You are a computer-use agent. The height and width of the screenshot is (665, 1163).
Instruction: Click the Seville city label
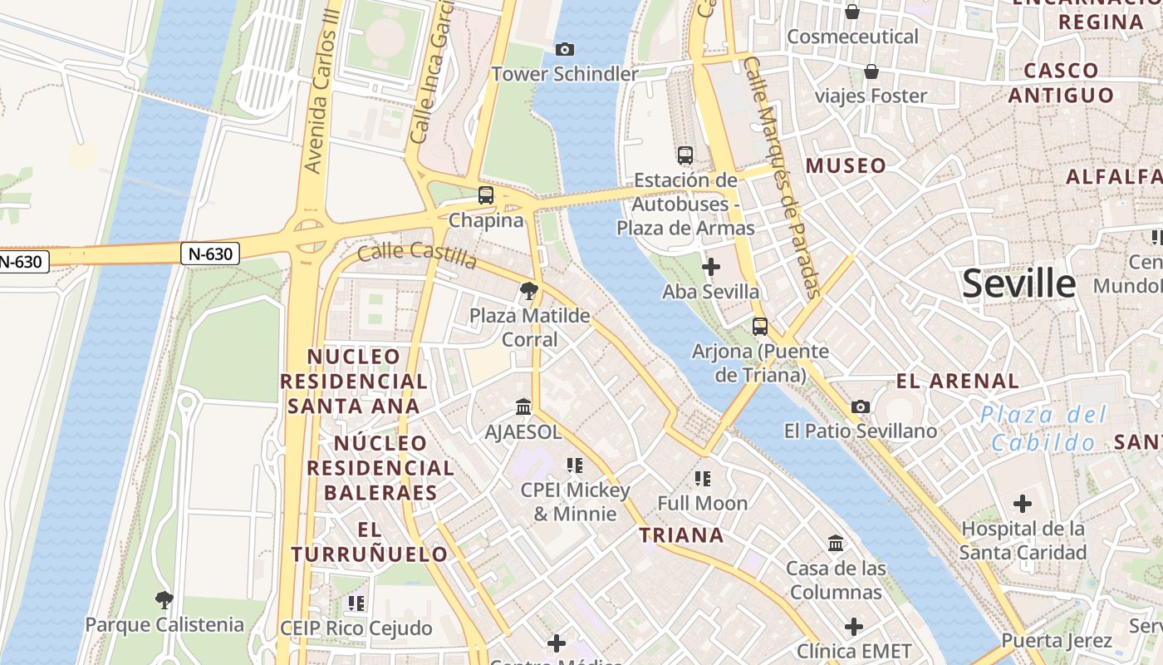[1018, 284]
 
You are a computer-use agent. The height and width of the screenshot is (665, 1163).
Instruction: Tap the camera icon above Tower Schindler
[565, 50]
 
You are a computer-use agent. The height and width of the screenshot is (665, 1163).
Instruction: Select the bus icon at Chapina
[486, 196]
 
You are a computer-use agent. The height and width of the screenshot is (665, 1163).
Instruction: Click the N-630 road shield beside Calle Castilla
[210, 254]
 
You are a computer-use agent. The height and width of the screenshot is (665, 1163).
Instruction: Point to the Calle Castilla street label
[417, 256]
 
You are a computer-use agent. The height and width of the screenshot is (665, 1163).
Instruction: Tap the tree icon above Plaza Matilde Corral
[528, 291]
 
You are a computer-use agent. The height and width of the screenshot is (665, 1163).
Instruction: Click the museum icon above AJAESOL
[523, 407]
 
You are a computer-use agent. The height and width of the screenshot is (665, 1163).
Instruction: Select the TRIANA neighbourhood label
[681, 535]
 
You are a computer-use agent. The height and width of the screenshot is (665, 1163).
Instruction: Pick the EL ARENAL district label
[957, 382]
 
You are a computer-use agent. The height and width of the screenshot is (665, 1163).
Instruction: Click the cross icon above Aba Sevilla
[711, 267]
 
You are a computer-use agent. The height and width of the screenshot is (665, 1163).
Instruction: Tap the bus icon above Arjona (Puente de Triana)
[759, 327]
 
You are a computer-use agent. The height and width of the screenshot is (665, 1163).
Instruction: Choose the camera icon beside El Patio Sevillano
[861, 406]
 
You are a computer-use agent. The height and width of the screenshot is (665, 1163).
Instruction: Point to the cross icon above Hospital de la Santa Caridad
[1023, 504]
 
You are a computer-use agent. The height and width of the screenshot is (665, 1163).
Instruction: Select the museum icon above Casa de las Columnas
[836, 544]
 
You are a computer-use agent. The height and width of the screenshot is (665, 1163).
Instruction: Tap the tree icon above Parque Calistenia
[164, 599]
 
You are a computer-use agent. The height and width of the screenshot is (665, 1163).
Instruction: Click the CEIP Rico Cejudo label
[356, 628]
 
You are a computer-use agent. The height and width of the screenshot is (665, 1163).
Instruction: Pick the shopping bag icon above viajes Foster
[871, 71]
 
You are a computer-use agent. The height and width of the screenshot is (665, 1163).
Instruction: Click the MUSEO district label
[846, 165]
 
